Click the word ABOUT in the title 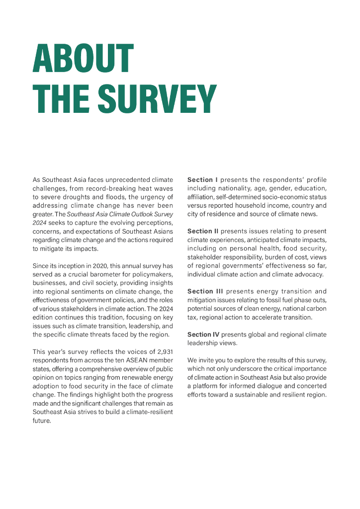[83, 60]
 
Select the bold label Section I [202, 179]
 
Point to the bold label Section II [203, 231]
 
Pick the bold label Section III [205, 291]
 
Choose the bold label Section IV [203, 334]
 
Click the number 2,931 [162, 351]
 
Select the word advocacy [309, 274]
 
